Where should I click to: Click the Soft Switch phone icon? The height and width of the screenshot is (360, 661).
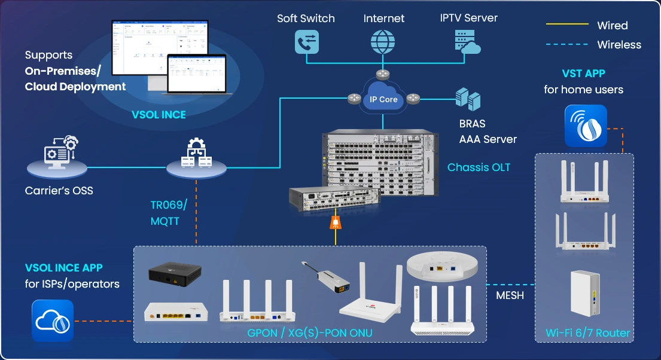tap(307, 41)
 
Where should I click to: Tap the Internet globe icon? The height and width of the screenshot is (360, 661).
tap(383, 41)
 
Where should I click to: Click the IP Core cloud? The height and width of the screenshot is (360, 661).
tap(383, 99)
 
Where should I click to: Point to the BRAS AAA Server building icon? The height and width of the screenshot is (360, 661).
tap(468, 99)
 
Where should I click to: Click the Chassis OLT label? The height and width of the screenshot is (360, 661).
tap(479, 167)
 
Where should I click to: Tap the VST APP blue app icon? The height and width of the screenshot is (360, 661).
tap(586, 126)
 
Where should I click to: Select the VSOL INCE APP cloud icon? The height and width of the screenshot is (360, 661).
tap(53, 321)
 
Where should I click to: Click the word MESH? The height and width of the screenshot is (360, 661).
tap(510, 295)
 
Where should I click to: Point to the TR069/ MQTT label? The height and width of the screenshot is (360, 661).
tap(169, 213)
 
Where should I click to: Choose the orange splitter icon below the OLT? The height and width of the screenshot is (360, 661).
tap(336, 224)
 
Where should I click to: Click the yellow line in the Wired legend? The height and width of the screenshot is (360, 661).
tap(566, 25)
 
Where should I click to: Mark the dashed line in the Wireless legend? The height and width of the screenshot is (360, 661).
tap(566, 44)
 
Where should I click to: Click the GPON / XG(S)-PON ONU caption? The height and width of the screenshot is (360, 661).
tap(310, 332)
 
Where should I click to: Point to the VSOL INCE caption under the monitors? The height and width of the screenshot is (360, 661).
tap(159, 115)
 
